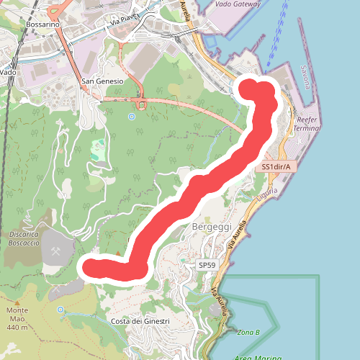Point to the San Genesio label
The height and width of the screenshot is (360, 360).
click(x=102, y=81)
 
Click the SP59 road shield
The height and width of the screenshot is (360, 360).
click(x=207, y=266)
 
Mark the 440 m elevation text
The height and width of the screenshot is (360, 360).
click(x=19, y=328)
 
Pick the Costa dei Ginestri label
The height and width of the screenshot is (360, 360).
click(x=140, y=320)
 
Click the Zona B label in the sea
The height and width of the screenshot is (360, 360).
click(x=247, y=332)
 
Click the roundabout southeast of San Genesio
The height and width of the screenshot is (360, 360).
click(x=142, y=104)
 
